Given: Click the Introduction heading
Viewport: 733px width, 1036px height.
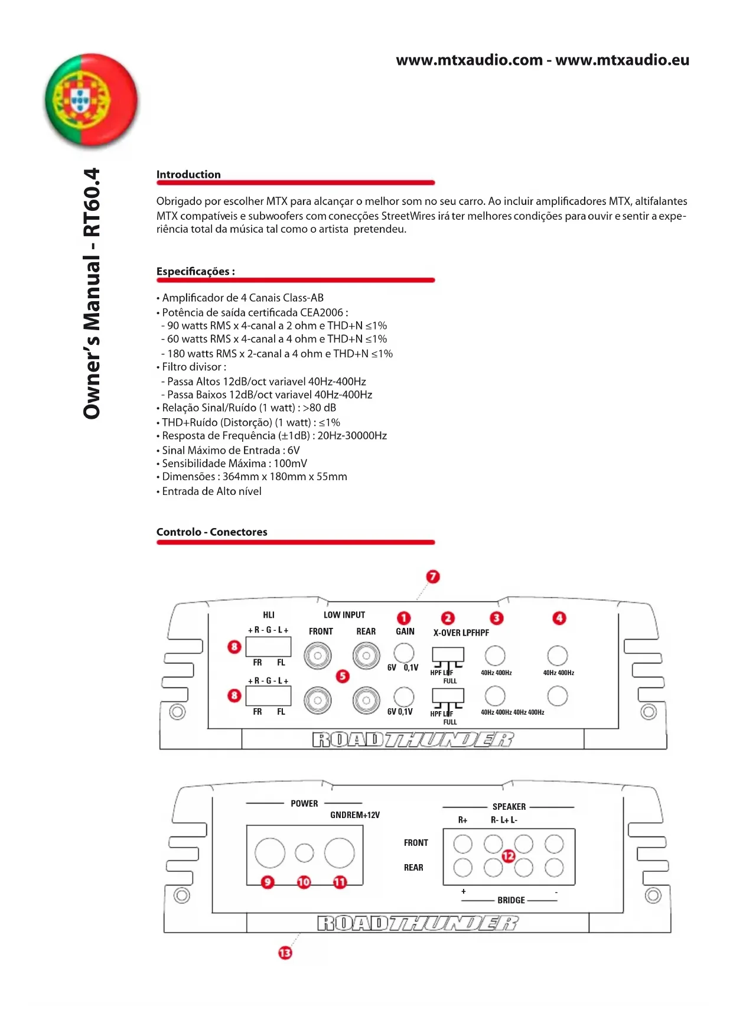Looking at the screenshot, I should [x=188, y=174].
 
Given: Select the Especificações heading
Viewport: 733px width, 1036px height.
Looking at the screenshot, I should [x=195, y=271].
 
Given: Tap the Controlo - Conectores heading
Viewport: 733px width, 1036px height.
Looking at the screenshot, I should [x=211, y=532].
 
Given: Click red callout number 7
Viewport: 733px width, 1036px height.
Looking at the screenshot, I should [x=433, y=576].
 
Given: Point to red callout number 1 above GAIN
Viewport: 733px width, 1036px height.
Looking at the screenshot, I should [x=403, y=618].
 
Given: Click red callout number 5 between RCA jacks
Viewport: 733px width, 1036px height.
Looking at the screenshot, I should [x=343, y=676].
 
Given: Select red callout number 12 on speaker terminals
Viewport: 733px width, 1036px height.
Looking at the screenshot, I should [x=509, y=856].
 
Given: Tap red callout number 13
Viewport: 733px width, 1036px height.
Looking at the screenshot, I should [x=285, y=952].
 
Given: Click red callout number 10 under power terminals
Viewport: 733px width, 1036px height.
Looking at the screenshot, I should [x=304, y=882].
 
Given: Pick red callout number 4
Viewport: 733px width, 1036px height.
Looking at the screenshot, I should [x=559, y=618].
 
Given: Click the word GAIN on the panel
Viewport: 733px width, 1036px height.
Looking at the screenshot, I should [x=405, y=631].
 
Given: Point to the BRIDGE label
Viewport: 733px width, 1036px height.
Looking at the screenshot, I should [x=511, y=900].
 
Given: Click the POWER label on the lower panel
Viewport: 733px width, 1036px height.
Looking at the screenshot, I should [x=304, y=803].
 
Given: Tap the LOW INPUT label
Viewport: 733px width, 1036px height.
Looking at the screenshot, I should [x=344, y=615].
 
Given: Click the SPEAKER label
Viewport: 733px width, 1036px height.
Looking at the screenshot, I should [x=509, y=807].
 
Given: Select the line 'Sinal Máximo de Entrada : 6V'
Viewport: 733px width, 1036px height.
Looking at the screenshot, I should [x=230, y=450].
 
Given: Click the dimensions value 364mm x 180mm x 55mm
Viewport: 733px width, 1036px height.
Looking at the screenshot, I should [x=285, y=477].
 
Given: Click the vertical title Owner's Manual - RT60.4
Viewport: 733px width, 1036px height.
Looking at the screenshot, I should [x=92, y=294].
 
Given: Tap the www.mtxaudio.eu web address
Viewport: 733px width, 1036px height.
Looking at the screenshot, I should [x=622, y=60].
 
